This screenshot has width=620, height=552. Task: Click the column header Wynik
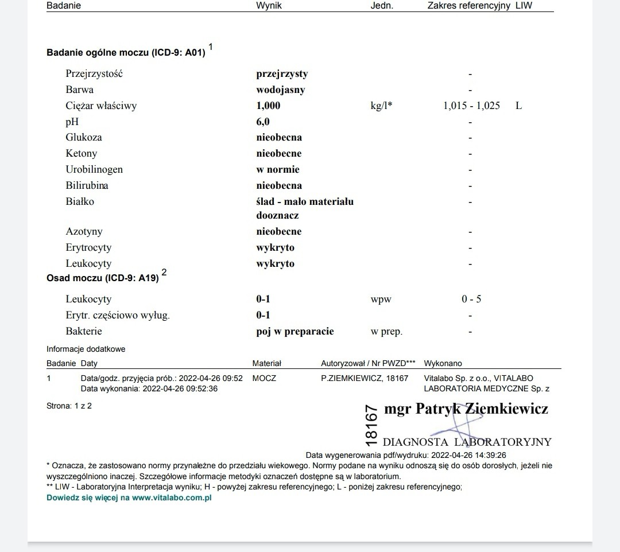[x=269, y=6]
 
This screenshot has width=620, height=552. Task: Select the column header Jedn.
[x=382, y=6]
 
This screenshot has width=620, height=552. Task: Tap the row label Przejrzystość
[x=94, y=73]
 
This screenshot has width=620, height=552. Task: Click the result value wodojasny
[x=281, y=90]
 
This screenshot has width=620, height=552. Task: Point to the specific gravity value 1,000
[x=268, y=106]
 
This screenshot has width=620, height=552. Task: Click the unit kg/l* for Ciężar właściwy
[x=382, y=106]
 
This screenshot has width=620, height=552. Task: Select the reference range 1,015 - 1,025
[x=471, y=106]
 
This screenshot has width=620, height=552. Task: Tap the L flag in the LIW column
[x=519, y=106]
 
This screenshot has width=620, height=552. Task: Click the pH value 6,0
[x=263, y=122]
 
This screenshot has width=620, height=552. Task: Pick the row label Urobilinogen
[x=94, y=169]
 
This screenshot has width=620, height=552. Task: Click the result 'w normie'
[x=278, y=169]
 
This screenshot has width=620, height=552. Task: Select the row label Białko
[x=80, y=201]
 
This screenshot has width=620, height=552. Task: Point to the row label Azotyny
[x=84, y=231]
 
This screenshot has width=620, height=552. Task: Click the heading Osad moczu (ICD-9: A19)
[x=103, y=278]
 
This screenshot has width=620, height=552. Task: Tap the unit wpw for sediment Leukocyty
[x=381, y=299]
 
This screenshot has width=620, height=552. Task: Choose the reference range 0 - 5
[x=471, y=299]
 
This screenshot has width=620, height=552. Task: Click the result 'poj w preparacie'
[x=295, y=331]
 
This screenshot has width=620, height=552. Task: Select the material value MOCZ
[x=264, y=378]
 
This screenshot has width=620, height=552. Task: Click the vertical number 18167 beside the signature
[x=371, y=425]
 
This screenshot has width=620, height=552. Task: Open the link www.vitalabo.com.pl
[x=172, y=497]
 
